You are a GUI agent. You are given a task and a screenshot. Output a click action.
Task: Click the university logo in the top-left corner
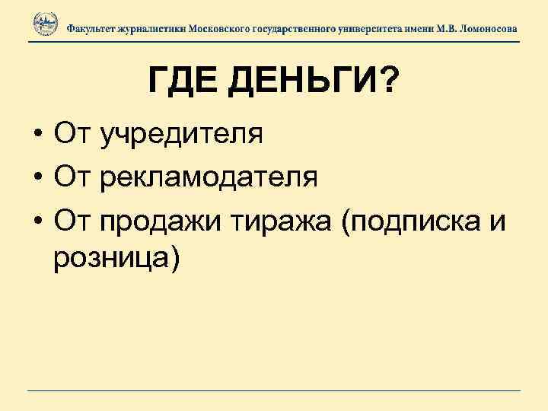point(45,25)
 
